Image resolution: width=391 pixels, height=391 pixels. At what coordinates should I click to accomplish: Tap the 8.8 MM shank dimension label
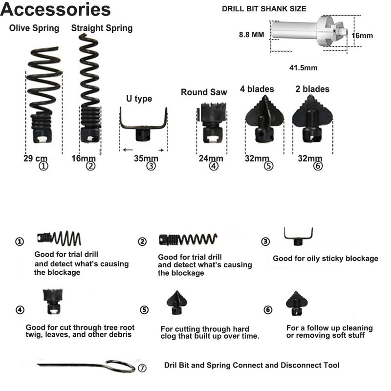[251, 35]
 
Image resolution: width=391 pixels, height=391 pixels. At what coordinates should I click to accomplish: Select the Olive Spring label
[34, 28]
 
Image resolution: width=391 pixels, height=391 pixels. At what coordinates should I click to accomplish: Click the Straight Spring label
[102, 28]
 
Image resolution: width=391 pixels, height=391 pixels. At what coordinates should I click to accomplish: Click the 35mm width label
[147, 158]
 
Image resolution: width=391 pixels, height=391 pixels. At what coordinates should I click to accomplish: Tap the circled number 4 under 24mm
[213, 167]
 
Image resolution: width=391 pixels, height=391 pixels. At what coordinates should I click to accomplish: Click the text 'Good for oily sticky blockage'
[325, 259]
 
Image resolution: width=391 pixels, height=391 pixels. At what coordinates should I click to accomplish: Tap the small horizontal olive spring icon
[59, 239]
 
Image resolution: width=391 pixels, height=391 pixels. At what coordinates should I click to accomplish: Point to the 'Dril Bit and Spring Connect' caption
[252, 365]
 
